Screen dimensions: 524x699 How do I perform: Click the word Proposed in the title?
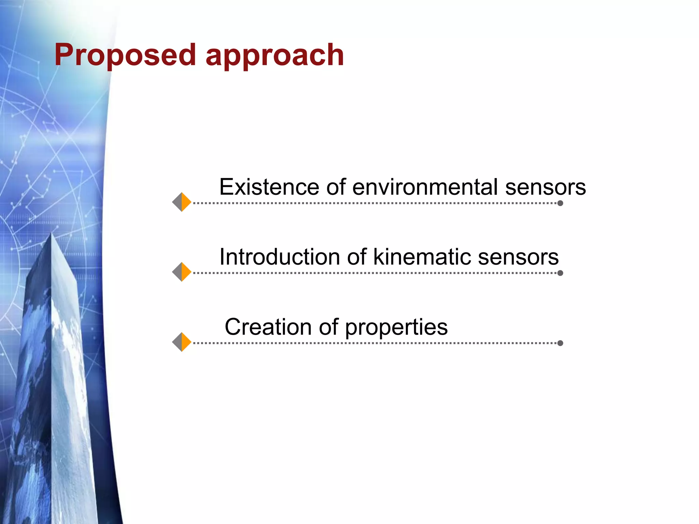(125, 55)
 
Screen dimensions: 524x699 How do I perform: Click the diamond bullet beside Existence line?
(182, 202)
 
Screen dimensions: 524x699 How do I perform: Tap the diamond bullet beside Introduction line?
(182, 272)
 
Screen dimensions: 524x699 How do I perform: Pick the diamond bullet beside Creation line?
(182, 342)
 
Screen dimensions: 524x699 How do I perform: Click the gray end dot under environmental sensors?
(560, 203)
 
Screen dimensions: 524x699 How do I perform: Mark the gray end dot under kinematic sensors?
(560, 273)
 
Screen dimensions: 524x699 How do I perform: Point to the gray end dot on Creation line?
(560, 343)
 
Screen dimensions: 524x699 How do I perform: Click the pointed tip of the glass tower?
(52, 235)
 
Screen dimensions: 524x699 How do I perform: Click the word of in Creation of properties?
(329, 327)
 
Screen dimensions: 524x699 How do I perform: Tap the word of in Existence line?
(336, 187)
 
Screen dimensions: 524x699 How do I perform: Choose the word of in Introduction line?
(357, 257)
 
